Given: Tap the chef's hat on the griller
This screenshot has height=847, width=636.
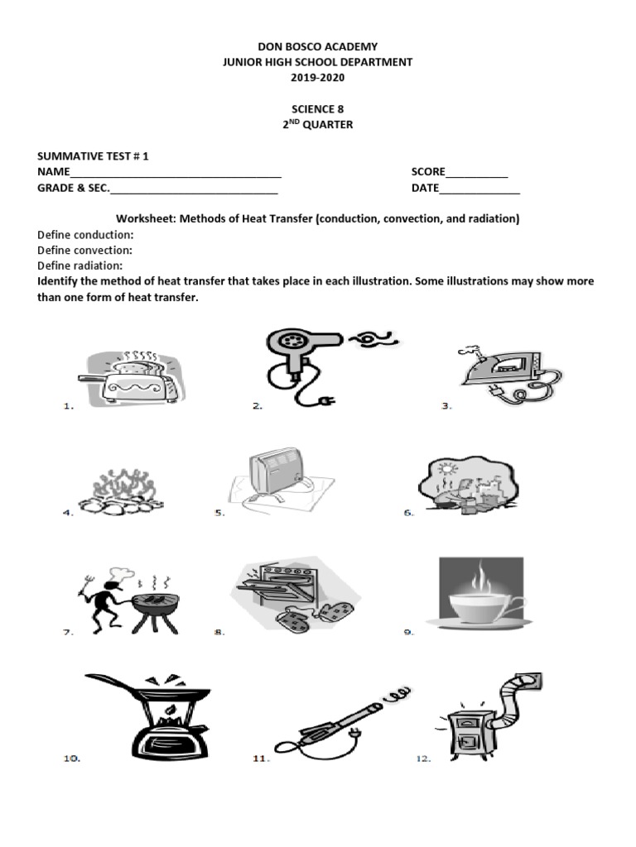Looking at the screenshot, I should click(117, 572).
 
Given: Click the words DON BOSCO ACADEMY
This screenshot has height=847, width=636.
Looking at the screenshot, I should click(317, 47).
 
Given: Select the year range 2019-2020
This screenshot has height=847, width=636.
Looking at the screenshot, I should click(317, 78).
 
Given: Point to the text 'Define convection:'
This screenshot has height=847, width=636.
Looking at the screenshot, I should click(84, 250).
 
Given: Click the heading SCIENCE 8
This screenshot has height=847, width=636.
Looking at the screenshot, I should click(317, 109).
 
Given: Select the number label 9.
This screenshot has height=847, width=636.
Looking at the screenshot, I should click(408, 633).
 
